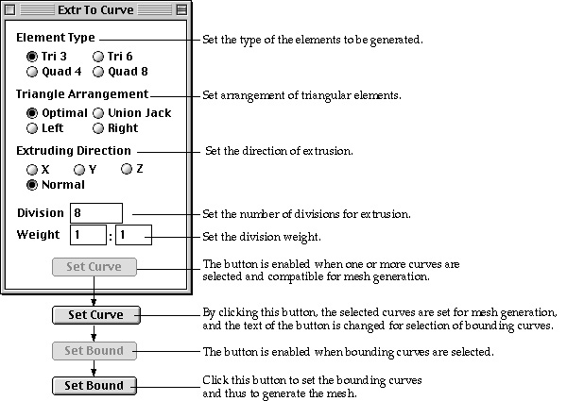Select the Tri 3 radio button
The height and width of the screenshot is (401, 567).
click(x=32, y=57)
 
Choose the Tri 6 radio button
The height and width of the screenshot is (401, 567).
click(x=98, y=57)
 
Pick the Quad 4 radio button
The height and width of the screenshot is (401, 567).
click(x=32, y=72)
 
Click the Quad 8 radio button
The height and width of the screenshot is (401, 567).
click(x=98, y=72)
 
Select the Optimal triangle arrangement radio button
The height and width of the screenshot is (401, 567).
click(x=32, y=113)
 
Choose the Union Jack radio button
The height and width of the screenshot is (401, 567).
click(x=98, y=113)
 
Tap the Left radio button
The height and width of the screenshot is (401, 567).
click(x=32, y=128)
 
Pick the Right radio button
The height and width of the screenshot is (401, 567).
click(x=98, y=128)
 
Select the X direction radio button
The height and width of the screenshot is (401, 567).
click(x=32, y=169)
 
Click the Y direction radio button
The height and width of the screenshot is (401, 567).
click(x=78, y=169)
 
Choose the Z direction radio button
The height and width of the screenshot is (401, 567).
click(x=127, y=169)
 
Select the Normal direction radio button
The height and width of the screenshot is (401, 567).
click(x=32, y=185)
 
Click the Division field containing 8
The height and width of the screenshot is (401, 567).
click(x=96, y=213)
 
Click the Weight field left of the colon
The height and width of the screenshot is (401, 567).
click(x=88, y=235)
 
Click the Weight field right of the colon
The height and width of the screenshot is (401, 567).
click(x=133, y=235)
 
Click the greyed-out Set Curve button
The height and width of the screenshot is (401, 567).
click(x=94, y=267)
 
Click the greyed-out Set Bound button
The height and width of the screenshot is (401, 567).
click(x=94, y=351)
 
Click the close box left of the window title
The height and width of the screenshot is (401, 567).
click(x=10, y=9)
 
